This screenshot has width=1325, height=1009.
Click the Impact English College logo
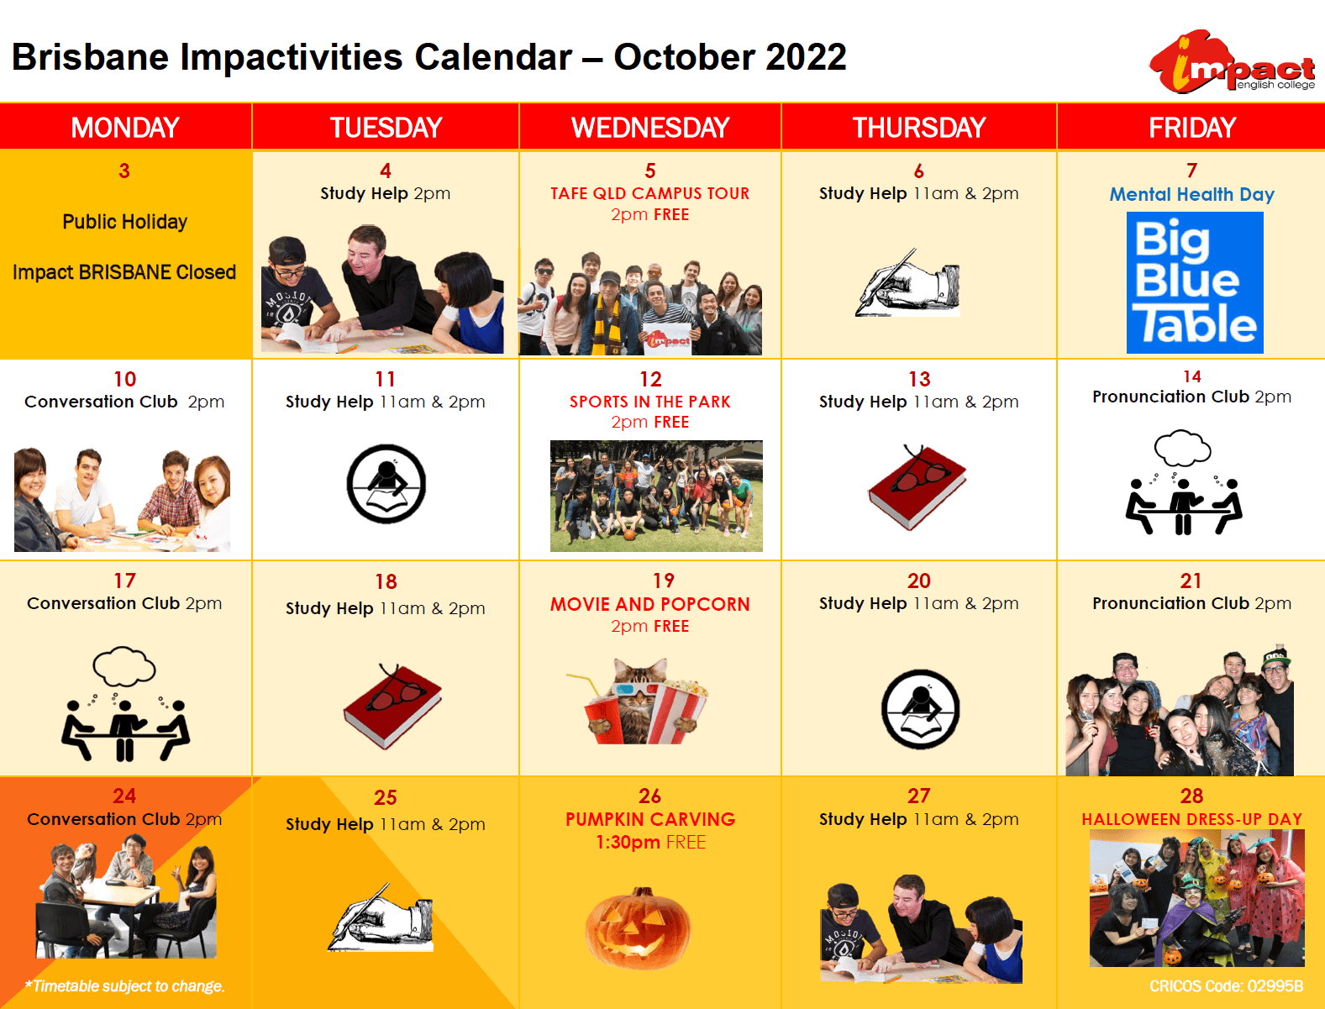tap(1232, 61)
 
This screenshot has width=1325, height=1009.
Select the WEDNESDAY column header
tap(650, 128)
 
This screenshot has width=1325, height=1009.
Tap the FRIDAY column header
tap(1191, 128)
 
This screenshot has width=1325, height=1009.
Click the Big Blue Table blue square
tap(1195, 282)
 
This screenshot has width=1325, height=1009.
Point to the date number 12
tap(650, 379)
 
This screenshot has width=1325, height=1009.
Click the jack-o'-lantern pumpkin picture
tap(638, 928)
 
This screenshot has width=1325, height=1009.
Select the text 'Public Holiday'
tap(125, 222)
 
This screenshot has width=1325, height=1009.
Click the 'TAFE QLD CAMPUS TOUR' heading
tap(649, 193)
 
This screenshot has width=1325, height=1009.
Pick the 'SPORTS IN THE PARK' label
tap(650, 402)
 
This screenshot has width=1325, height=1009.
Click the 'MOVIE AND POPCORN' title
tap(650, 604)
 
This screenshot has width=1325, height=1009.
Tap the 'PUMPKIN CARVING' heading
tap(650, 819)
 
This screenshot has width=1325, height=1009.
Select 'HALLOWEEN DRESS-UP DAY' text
tap(1191, 819)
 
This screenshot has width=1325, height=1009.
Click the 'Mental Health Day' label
tap(1191, 194)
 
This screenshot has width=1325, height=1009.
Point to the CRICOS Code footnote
tap(1226, 986)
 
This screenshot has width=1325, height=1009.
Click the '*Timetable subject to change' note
tap(124, 986)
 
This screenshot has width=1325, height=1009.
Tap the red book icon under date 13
tap(918, 487)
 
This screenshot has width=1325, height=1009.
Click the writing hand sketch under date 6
tap(907, 282)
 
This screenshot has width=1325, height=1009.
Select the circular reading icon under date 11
tap(386, 483)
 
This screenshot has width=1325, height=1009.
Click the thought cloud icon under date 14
tap(1182, 448)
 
